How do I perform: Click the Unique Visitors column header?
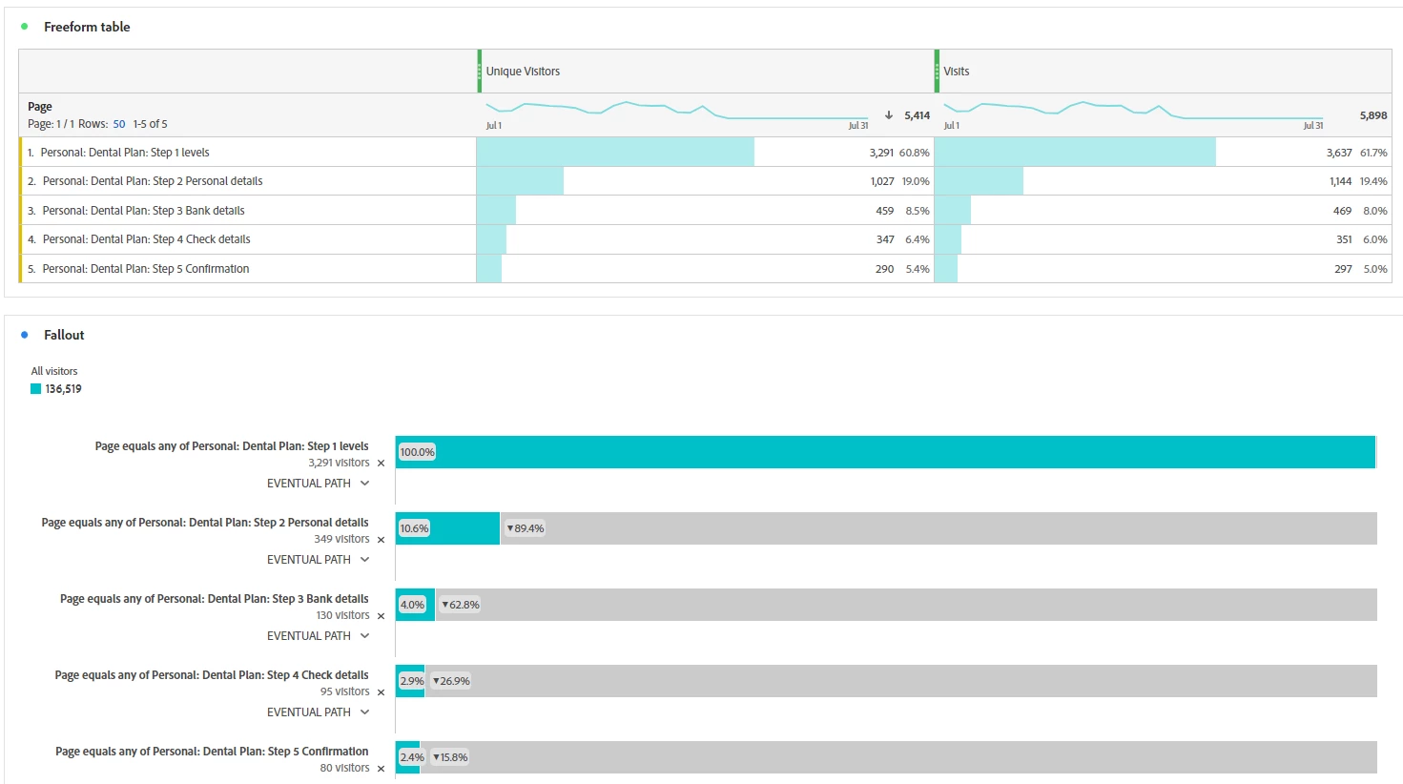(x=523, y=72)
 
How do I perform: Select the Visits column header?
(x=957, y=72)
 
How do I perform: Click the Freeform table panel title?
(x=87, y=27)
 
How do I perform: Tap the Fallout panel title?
(x=64, y=335)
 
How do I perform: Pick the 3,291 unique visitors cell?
(x=881, y=153)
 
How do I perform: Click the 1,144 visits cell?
(x=1340, y=181)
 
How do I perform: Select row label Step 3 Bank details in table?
(x=143, y=211)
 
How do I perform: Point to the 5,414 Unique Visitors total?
(x=917, y=115)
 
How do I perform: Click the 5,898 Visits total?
(x=1373, y=115)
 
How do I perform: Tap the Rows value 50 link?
(x=119, y=124)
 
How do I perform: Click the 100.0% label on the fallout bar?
(x=417, y=452)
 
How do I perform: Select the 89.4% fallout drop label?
(x=526, y=528)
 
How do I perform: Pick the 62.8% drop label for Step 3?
(x=461, y=605)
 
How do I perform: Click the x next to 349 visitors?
(x=382, y=540)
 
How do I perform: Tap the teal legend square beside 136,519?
(x=36, y=389)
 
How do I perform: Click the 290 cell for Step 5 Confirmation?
(x=884, y=269)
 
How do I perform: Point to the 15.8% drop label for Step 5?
(x=450, y=757)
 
